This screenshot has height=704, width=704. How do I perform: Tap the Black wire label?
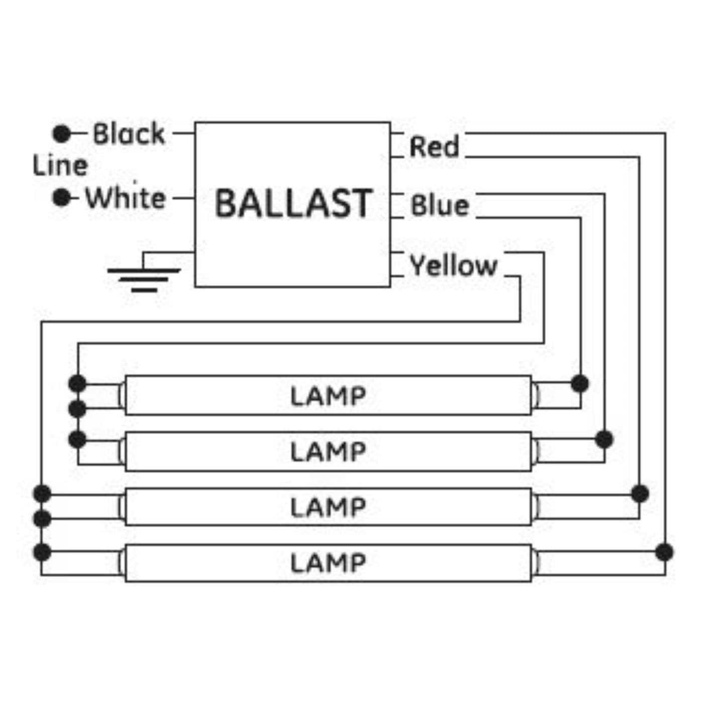pyautogui.click(x=129, y=134)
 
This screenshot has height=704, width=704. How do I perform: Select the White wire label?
pyautogui.click(x=125, y=198)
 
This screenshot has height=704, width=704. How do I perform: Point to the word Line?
pyautogui.click(x=60, y=166)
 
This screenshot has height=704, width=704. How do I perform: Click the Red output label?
pyautogui.click(x=434, y=147)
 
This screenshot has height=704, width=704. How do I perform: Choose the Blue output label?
pyautogui.click(x=440, y=206)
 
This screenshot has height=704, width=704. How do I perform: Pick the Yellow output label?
pyautogui.click(x=453, y=265)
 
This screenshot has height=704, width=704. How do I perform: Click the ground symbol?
pyautogui.click(x=144, y=279)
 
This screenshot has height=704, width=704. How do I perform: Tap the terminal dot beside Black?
pyautogui.click(x=62, y=134)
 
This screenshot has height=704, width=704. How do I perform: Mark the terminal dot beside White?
pyautogui.click(x=62, y=197)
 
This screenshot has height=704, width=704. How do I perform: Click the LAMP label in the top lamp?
pyautogui.click(x=328, y=396)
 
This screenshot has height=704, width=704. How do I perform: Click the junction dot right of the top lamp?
pyautogui.click(x=580, y=383)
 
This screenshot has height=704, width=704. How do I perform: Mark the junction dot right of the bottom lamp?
pyautogui.click(x=664, y=552)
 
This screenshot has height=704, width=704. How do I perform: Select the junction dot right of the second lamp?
pyautogui.click(x=604, y=439)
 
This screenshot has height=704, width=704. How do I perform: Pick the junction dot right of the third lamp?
pyautogui.click(x=640, y=493)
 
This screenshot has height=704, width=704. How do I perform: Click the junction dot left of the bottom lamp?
pyautogui.click(x=42, y=552)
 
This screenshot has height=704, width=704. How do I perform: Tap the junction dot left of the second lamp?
pyautogui.click(x=77, y=440)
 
